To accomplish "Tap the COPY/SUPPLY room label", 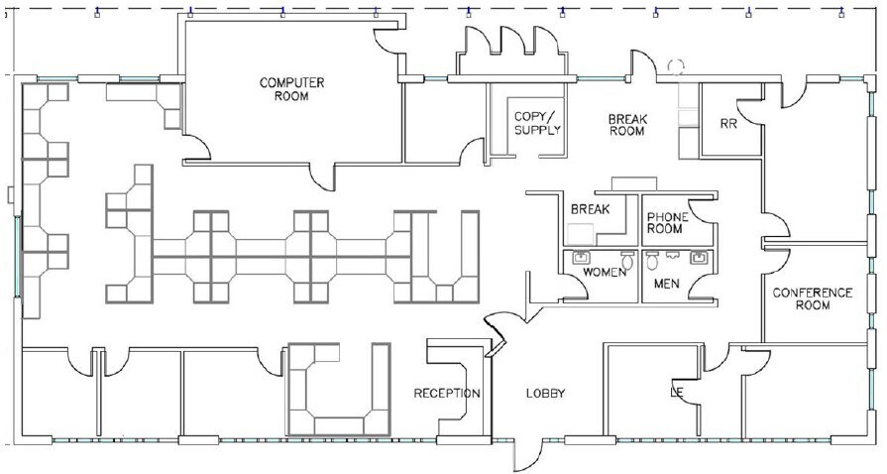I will point(537,122).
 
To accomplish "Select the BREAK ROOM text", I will point(626,123).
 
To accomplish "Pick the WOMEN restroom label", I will point(604,272).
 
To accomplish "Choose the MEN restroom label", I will point(666,284).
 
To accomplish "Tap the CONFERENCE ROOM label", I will point(812,298).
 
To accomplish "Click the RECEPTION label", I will point(447,394).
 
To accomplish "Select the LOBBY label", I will point(544,394).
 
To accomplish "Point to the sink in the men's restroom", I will point(701,258).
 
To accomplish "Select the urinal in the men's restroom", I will point(652,262).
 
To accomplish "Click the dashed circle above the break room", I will point(677,66).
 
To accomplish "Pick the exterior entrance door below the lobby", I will point(528,455).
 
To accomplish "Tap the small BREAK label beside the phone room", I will point(589,210).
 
